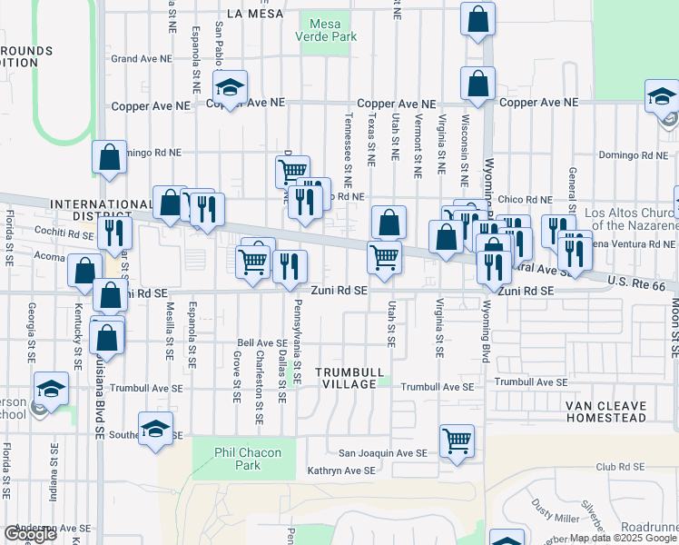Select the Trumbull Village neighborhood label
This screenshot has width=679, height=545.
click(x=346, y=379)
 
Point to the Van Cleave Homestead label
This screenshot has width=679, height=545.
click(x=605, y=411)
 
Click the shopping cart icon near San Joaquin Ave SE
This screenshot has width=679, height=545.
click(x=457, y=441)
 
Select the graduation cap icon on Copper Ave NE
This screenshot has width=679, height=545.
click(x=231, y=88)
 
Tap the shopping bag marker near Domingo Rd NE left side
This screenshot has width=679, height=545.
click(x=109, y=157)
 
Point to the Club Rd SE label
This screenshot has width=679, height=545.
click(x=620, y=466)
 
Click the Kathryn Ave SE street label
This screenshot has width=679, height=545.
click(x=340, y=471)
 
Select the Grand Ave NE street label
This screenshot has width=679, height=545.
click(x=141, y=59)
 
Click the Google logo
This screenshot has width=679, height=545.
click(x=30, y=534)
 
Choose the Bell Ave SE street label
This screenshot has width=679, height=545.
click(x=262, y=343)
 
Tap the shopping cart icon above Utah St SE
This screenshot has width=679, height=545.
click(x=384, y=257)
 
